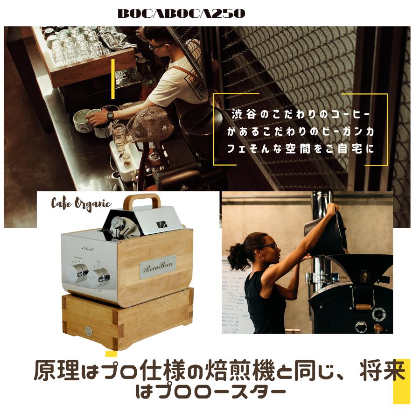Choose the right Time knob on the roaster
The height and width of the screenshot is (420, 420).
pyautogui.click(x=99, y=277)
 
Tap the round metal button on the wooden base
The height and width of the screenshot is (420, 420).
pyautogui.click(x=88, y=331)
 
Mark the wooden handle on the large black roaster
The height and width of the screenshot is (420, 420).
pyautogui.click(x=363, y=307)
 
